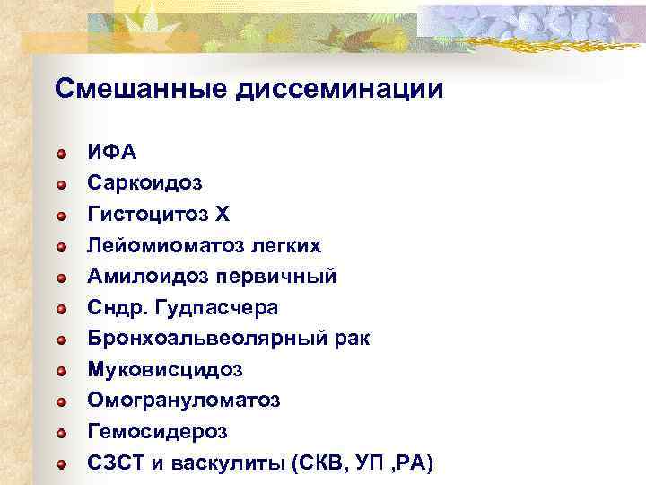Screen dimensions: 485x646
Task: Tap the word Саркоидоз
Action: click(x=144, y=183)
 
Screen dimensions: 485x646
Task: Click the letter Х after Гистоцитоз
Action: click(x=223, y=214)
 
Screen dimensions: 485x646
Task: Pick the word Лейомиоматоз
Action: click(x=162, y=245)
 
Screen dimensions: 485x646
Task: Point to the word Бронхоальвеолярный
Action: click(x=205, y=339)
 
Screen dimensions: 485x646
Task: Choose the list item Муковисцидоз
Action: click(x=164, y=369)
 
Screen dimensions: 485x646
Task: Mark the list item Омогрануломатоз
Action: click(x=183, y=400)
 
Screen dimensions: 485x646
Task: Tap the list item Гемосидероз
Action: click(x=157, y=431)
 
